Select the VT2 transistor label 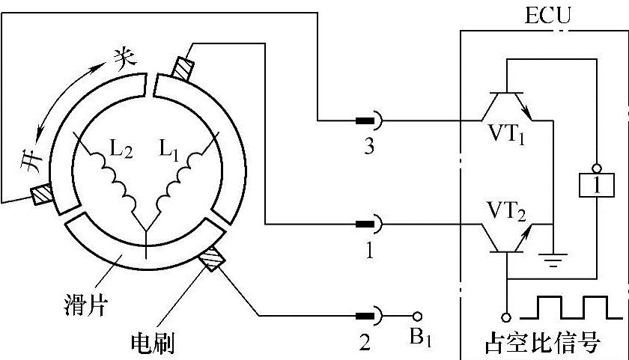506,208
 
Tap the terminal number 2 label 365,344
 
